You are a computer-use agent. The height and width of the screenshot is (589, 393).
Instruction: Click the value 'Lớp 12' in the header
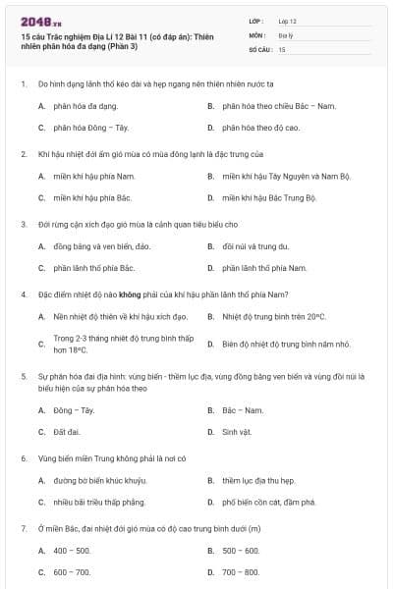tap(288, 21)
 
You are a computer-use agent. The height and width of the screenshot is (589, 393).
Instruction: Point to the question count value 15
tap(282, 48)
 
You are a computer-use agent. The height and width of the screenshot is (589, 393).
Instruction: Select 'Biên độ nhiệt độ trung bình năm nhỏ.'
tap(274, 344)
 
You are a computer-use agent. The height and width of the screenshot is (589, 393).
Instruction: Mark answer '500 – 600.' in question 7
tap(241, 551)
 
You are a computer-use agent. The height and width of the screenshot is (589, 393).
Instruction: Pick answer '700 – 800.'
tap(241, 572)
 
